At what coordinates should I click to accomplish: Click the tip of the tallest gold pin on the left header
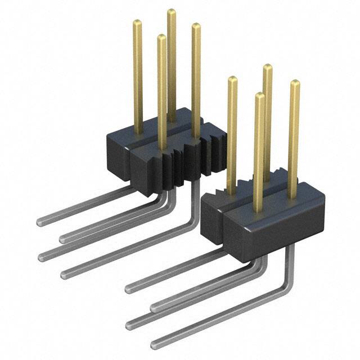171,12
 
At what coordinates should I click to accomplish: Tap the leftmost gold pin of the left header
137,73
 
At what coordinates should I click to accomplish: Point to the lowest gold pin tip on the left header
161,38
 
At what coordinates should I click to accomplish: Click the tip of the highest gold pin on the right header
268,67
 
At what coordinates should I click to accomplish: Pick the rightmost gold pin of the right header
294,141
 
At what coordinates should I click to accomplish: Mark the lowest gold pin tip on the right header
259,96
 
